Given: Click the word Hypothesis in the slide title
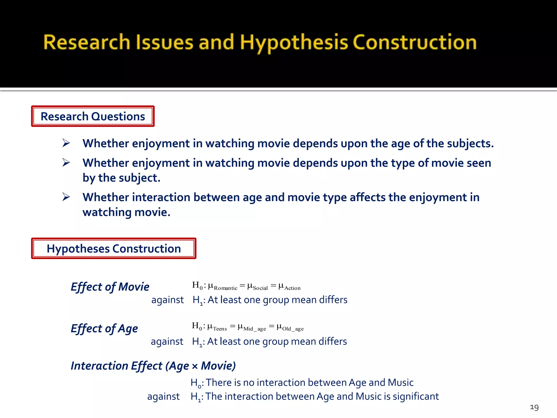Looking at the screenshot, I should point(294,43).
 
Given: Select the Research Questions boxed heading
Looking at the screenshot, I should point(93,116).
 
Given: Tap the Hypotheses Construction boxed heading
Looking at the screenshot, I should point(114,249).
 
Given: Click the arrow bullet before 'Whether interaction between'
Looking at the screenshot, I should point(66,197).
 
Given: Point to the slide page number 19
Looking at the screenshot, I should point(534,407).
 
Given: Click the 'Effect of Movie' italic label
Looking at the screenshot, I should point(110,287).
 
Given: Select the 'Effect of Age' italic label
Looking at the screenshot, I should point(104,328).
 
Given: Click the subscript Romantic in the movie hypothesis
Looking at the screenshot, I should point(225,288).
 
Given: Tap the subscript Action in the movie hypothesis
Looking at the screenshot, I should point(292,288).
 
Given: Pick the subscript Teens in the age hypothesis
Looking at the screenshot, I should point(220,329).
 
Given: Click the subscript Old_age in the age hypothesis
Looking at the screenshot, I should point(293,329).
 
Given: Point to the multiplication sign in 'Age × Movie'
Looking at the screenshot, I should point(195,367).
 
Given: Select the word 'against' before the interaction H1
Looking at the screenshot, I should point(163,397).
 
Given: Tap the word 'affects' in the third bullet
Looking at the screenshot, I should point(367,197).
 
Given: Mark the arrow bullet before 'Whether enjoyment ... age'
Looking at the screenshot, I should point(66,143).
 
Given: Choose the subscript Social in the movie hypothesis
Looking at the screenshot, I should point(260,288).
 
